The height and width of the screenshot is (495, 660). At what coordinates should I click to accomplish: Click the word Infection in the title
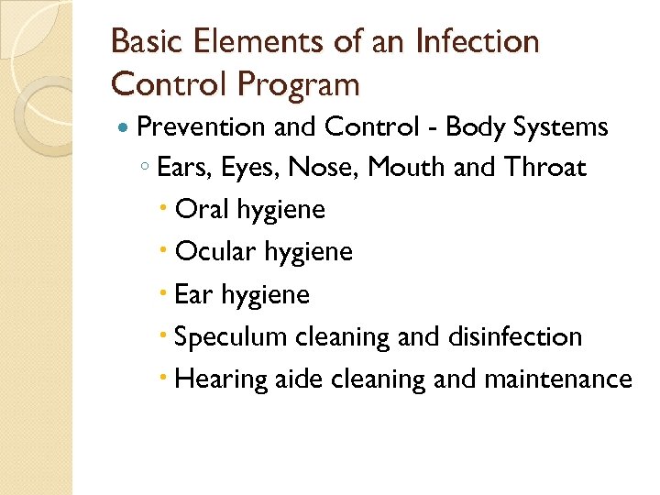[477, 42]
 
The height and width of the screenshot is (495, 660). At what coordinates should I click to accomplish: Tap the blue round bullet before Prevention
[125, 127]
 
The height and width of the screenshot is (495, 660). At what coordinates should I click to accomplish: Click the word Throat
[545, 169]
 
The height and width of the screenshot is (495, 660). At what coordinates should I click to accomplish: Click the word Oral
[202, 210]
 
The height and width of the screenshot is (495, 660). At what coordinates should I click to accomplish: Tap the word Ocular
[212, 252]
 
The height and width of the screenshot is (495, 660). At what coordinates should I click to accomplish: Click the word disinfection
[515, 336]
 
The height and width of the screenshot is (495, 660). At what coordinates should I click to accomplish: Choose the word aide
[296, 379]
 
